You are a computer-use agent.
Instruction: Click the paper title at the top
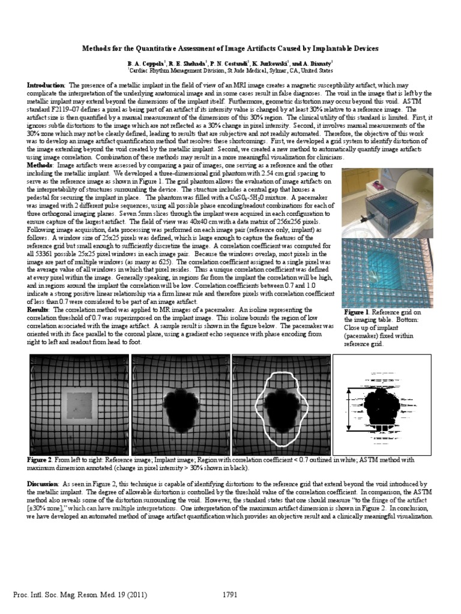coord(230,48)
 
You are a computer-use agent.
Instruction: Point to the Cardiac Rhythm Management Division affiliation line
coord(230,70)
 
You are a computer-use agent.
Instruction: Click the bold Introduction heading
coord(47,86)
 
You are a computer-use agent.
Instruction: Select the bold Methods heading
coord(40,164)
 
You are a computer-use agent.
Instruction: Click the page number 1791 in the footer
coord(231,595)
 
